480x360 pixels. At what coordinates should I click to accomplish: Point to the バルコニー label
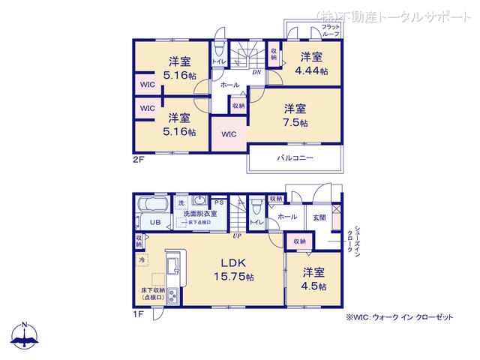point(294,158)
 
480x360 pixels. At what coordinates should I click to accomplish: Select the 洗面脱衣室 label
point(199,214)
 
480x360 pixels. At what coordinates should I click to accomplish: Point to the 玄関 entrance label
point(319,217)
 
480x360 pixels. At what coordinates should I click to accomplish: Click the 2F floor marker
point(139,160)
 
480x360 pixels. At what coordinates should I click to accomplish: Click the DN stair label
point(256,72)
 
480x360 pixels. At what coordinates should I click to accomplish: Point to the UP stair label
point(237,235)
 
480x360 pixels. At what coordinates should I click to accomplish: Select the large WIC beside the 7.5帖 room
point(229,133)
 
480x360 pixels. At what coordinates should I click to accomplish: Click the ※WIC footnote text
point(400,317)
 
